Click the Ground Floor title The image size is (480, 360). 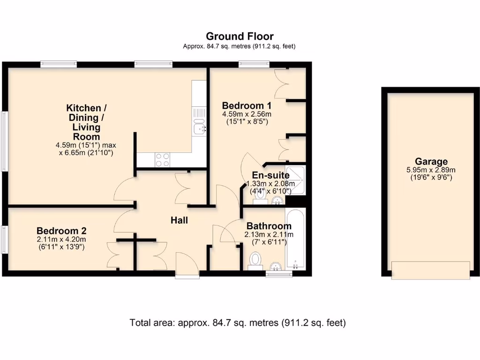click(x=240, y=37)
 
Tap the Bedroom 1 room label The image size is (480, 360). click(x=247, y=105)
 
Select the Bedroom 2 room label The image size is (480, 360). click(x=61, y=231)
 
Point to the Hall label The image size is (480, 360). click(x=179, y=220)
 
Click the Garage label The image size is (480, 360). click(x=431, y=161)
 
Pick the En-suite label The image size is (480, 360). click(x=270, y=175)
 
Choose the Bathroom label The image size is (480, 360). click(x=269, y=226)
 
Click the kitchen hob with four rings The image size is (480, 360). click(x=162, y=160)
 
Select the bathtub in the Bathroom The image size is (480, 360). click(x=295, y=238)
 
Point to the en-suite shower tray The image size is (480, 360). click(x=295, y=180)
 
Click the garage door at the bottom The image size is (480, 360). click(x=430, y=270)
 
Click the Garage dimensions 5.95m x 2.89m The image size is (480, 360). click(x=431, y=170)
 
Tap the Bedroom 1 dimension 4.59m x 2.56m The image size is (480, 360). click(x=247, y=114)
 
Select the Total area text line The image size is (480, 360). click(x=238, y=322)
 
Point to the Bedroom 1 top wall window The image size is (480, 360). click(x=254, y=64)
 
